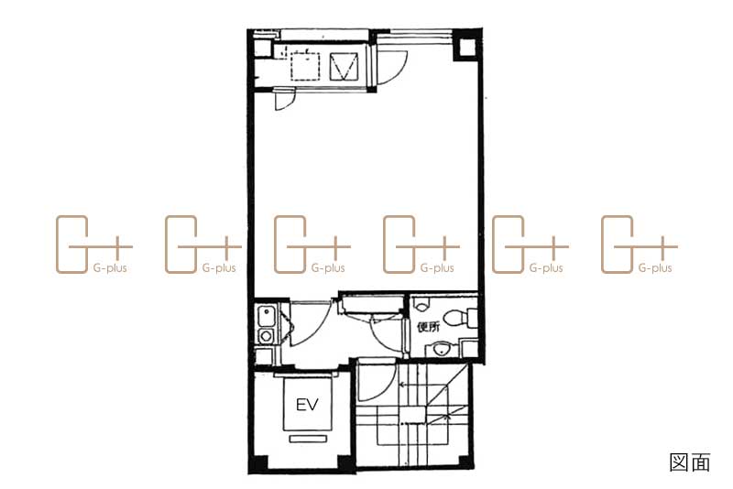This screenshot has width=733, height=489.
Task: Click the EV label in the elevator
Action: tap(307, 405)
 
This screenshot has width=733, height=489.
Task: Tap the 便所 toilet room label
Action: tap(428, 327)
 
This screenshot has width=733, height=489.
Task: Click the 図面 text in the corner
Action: tap(690, 462)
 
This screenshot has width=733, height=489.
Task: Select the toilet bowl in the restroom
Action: tap(457, 318)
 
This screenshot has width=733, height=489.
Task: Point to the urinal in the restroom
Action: tap(422, 305)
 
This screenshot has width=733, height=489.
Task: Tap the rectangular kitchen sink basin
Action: tap(266, 316)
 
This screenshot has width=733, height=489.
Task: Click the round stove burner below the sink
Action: tap(266, 335)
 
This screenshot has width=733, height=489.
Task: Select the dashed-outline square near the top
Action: tap(305, 67)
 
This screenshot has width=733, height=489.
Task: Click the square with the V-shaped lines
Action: tap(344, 66)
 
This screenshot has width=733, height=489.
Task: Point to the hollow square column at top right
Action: tap(466, 48)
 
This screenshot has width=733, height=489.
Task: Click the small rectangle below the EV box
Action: tap(307, 439)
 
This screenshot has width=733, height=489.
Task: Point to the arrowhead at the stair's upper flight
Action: tap(402, 386)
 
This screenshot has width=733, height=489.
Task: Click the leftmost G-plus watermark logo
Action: tap(94, 244)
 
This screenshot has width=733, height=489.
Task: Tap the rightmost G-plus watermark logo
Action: tap(639, 244)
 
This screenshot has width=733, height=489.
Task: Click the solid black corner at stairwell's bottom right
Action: tap(465, 462)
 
